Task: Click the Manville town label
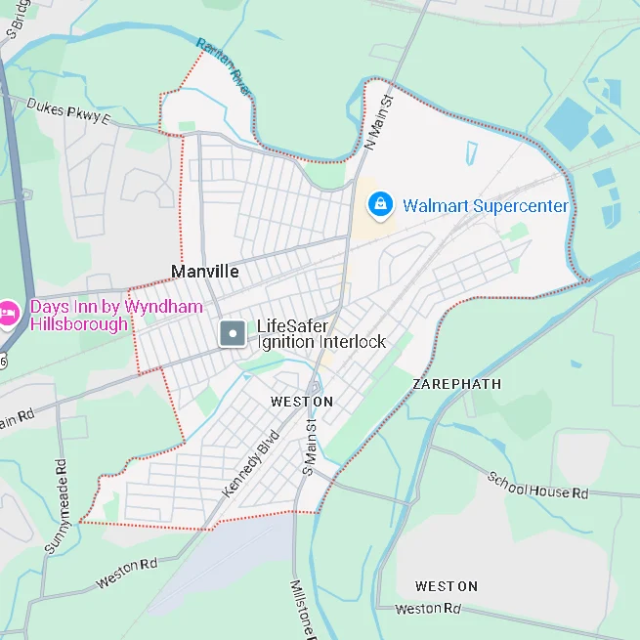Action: pos(204,271)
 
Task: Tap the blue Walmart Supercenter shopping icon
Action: pos(379,205)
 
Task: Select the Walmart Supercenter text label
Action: pos(485,206)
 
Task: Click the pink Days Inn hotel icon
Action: pos(9,315)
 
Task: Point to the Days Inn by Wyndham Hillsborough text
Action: pos(116,316)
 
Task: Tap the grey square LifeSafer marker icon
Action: pos(233,334)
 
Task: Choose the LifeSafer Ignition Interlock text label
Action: pos(320,334)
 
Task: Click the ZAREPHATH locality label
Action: pos(456,384)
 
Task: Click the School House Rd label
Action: pos(538,487)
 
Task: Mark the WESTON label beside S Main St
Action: pos(301,402)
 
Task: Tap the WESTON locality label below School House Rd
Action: pos(446,586)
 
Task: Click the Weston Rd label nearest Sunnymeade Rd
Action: pos(126,573)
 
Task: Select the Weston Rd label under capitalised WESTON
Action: pos(427,609)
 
